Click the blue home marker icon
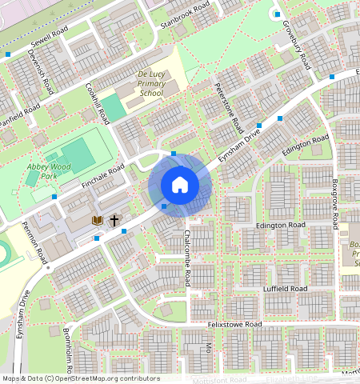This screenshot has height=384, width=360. [x=180, y=185]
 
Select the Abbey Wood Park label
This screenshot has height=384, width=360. [x=42, y=170]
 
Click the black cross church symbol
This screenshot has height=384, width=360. [x=114, y=219]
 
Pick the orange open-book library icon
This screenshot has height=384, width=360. [x=98, y=219]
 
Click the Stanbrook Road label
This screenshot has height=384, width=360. [x=186, y=15]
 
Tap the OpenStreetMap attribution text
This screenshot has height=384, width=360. [x=81, y=378]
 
